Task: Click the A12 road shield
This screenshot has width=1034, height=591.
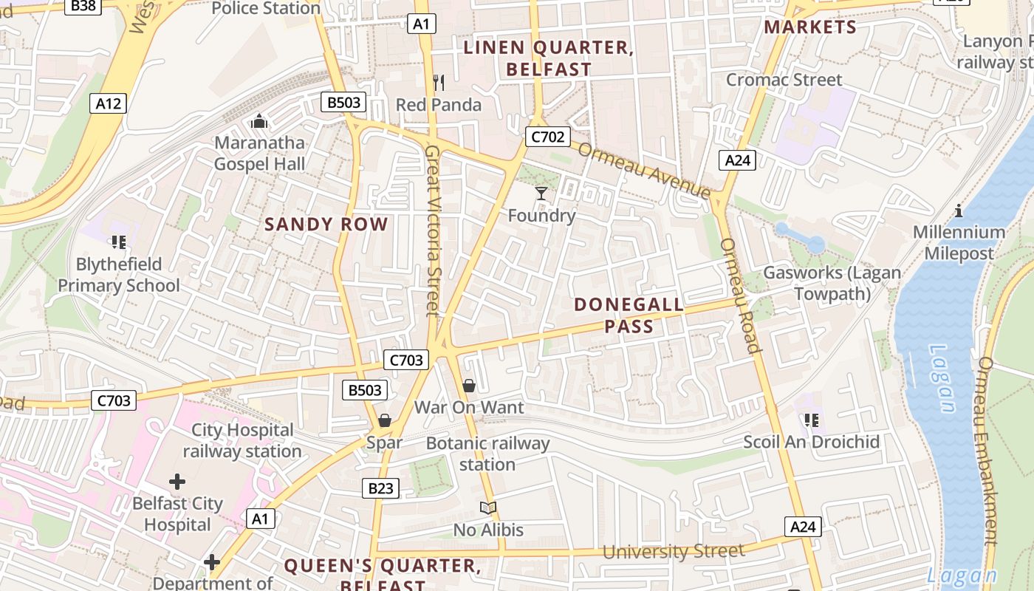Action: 108,103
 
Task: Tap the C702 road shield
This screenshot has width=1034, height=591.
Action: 547,136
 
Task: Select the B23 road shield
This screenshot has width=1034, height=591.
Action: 381,488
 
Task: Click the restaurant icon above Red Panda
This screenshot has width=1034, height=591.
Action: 439,82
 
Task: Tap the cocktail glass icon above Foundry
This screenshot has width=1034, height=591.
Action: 541,194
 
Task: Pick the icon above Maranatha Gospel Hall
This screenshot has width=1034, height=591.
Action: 259,120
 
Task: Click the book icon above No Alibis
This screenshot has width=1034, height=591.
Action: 487,508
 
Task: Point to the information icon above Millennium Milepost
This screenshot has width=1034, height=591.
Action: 959,211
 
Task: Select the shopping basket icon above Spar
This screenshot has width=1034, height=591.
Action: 384,420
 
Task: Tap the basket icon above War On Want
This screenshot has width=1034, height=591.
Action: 469,386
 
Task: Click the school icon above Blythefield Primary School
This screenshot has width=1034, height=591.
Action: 118,242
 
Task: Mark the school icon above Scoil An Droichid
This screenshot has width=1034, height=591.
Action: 812,420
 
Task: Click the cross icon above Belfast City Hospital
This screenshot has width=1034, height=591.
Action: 177,482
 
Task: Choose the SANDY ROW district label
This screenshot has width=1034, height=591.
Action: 326,225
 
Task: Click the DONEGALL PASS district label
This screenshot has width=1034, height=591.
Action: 629,315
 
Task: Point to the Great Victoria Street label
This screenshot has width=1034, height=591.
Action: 433,229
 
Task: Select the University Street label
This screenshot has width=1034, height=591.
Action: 673,552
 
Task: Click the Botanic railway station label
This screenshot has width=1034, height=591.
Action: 487,454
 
